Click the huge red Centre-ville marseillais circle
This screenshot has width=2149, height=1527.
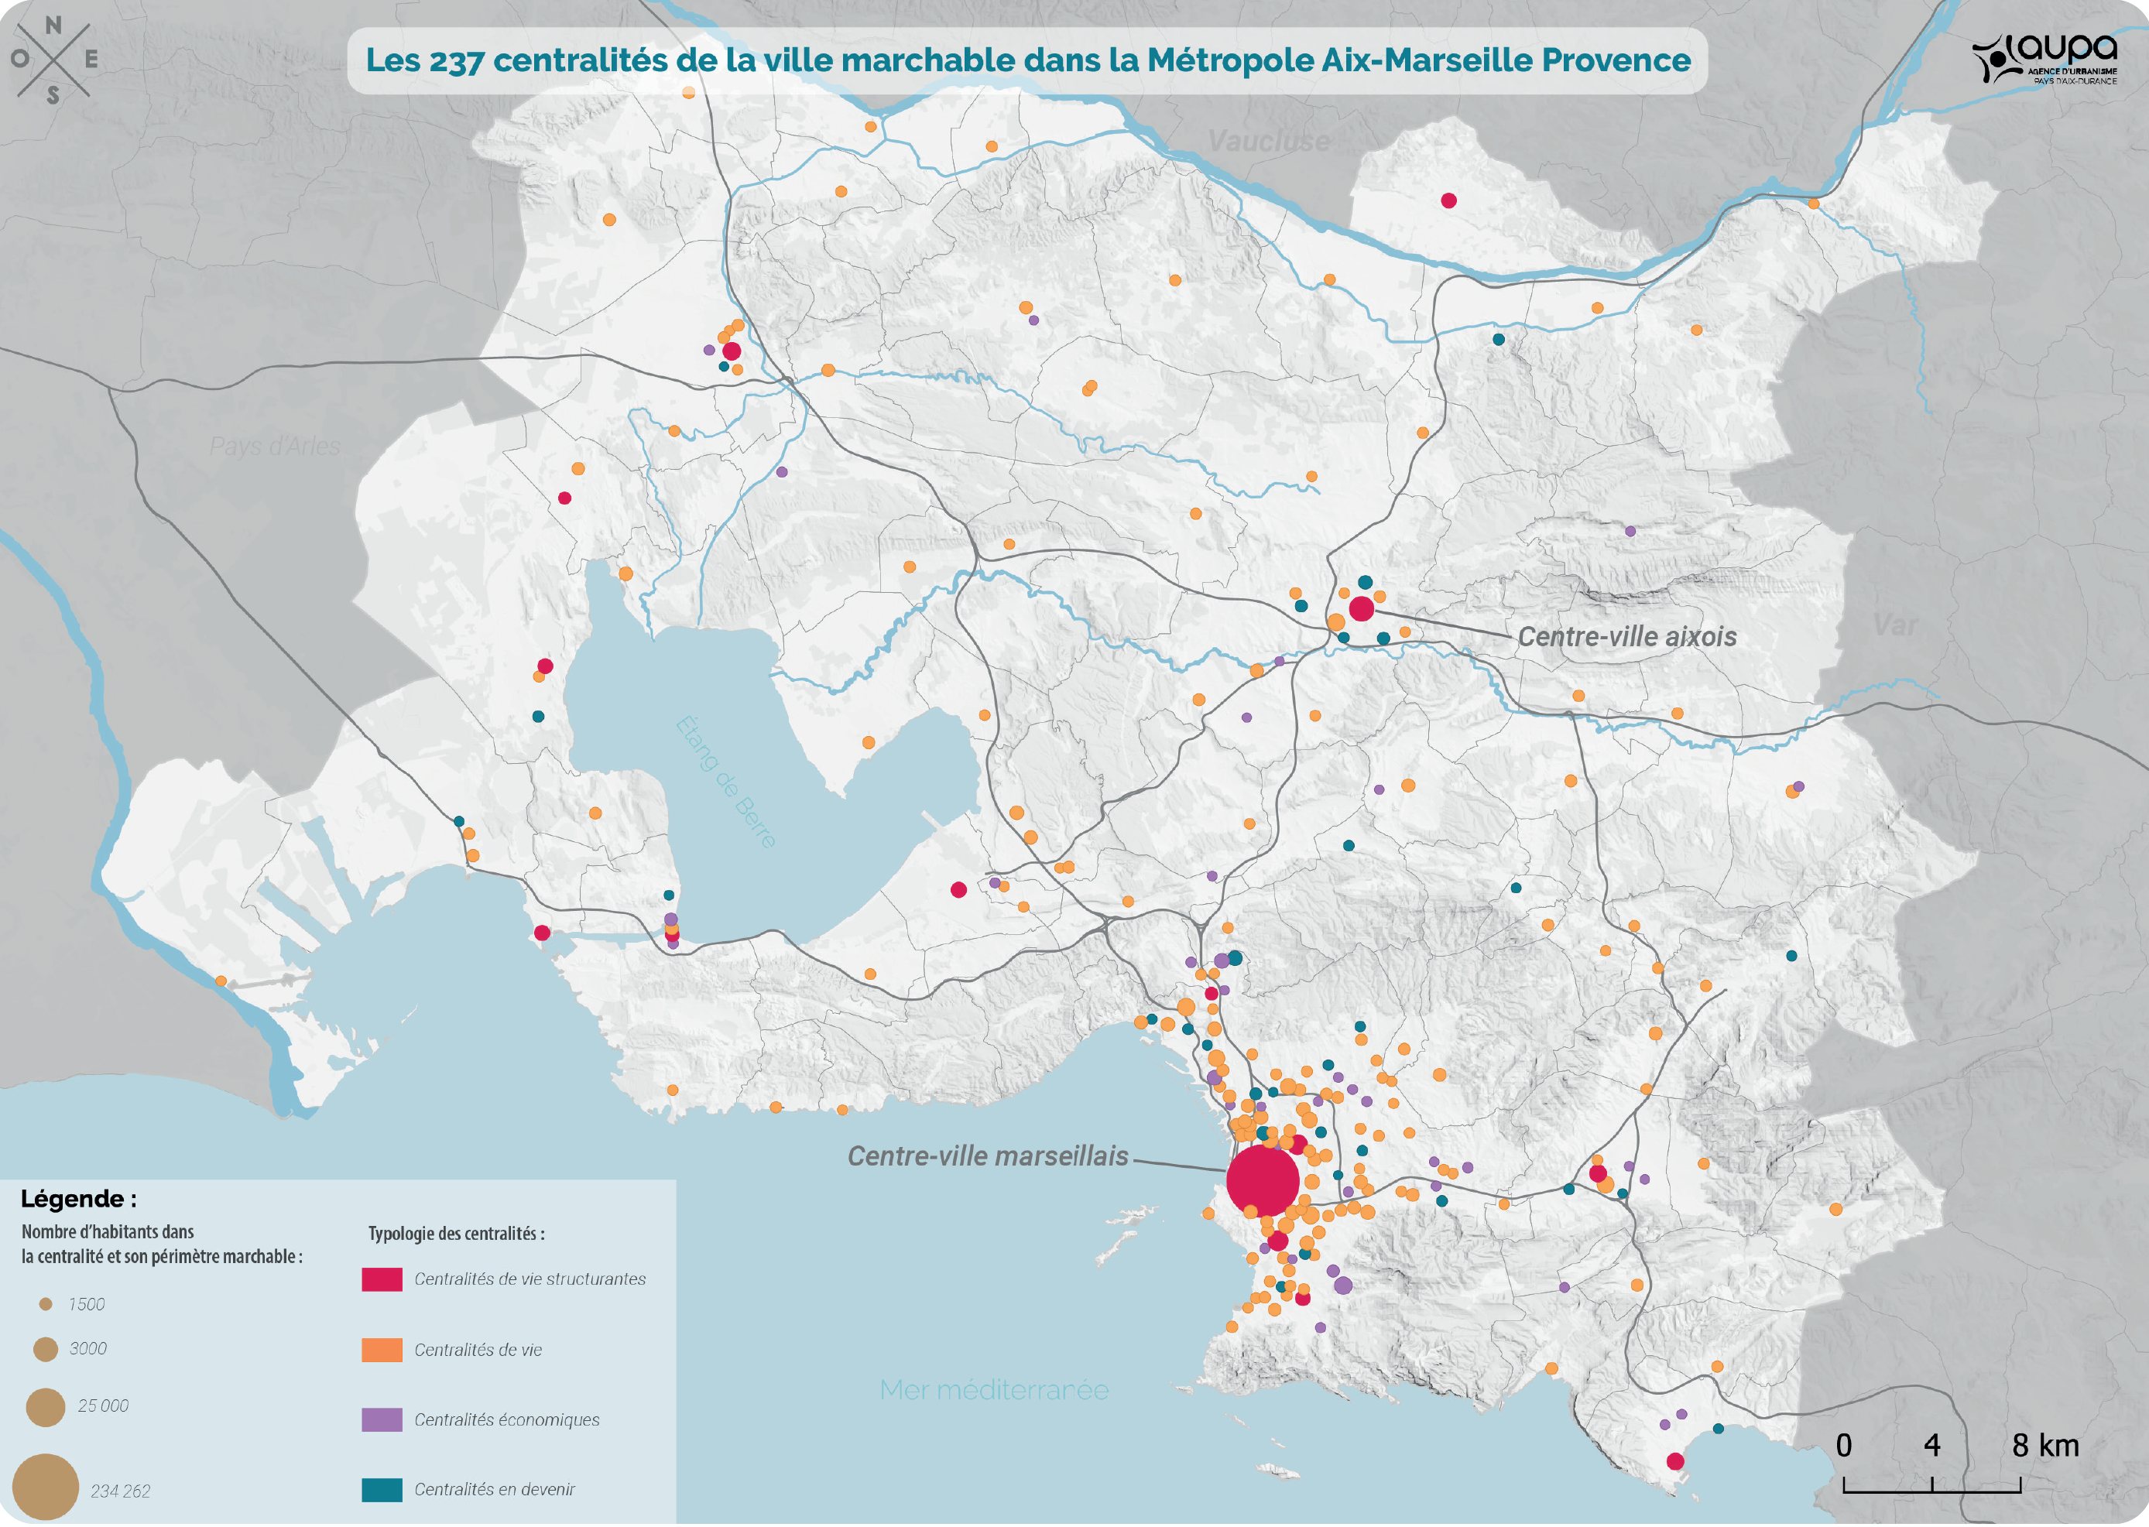tap(1262, 1181)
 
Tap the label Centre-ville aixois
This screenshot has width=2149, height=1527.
tap(1626, 636)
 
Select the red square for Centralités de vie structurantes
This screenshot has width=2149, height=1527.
tap(382, 1279)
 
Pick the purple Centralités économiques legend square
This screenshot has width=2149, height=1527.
tap(382, 1419)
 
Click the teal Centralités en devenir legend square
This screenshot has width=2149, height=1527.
tap(382, 1489)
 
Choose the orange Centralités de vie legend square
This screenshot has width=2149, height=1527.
tap(382, 1349)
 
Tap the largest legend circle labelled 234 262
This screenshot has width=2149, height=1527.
tap(45, 1487)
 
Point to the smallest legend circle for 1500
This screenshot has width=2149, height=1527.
tap(45, 1304)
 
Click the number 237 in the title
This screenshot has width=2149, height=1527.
tap(456, 60)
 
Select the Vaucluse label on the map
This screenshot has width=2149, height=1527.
tap(1269, 141)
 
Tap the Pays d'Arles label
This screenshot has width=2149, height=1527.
tap(275, 446)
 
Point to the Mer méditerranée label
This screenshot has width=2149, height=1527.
tap(993, 1390)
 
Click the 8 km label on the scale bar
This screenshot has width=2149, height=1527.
tap(2044, 1445)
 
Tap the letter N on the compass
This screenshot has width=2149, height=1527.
tap(53, 26)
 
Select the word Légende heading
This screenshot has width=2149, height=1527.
tap(79, 1199)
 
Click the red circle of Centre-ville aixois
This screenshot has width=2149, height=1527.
tap(1361, 608)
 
